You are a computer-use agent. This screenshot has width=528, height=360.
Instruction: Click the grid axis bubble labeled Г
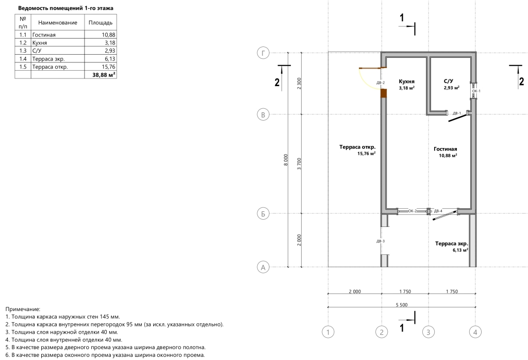coord(263,53)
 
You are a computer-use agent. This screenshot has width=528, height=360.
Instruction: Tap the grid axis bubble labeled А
coord(263,267)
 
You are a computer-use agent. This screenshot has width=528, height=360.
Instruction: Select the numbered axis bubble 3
coord(428,332)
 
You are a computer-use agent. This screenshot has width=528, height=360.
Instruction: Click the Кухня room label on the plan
coord(406,81)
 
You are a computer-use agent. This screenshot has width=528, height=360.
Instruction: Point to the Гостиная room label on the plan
coord(445,149)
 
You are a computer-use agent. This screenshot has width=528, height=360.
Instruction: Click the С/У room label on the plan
coord(448,81)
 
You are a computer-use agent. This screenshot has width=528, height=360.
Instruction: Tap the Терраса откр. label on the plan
coord(357,147)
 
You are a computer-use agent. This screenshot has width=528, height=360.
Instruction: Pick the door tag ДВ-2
coord(381,83)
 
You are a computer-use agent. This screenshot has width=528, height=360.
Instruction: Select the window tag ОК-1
coord(476,91)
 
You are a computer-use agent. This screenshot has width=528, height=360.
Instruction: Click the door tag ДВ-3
coord(381,241)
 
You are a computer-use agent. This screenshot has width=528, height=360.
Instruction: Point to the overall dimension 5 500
coord(401,305)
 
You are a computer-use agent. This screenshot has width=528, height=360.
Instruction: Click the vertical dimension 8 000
coord(286,160)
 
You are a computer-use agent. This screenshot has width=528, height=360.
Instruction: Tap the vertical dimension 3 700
coord(299,163)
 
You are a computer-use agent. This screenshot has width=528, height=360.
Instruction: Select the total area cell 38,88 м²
coord(104,75)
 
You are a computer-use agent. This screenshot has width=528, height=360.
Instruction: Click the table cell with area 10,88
coord(108,35)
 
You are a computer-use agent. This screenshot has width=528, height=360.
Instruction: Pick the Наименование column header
coord(58,23)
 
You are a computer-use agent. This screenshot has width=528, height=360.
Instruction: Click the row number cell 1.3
coord(23,51)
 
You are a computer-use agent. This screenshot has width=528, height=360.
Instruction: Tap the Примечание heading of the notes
coord(23,309)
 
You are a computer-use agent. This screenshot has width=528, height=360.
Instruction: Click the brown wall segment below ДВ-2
coord(384,93)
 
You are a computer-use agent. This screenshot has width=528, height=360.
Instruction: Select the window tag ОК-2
coord(412,211)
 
